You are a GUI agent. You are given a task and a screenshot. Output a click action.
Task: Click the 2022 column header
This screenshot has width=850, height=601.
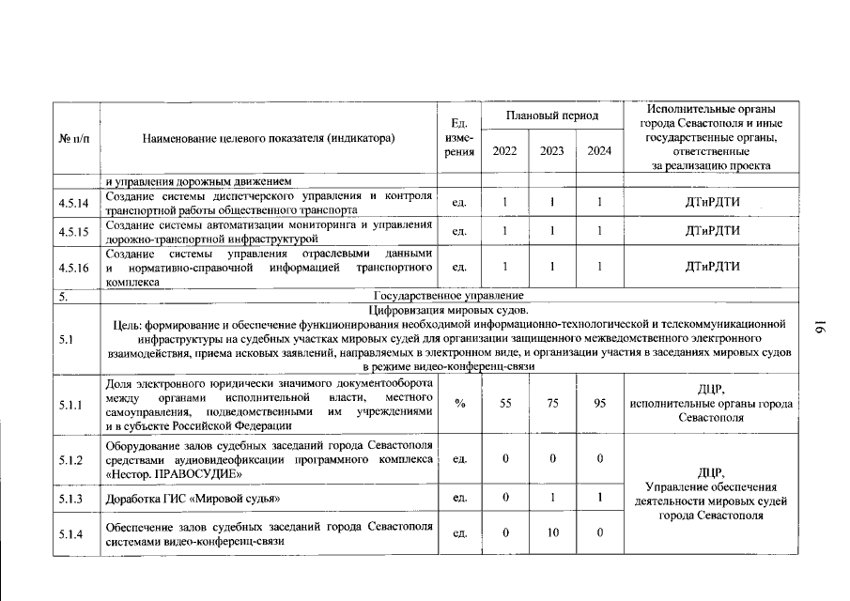coord(504,150)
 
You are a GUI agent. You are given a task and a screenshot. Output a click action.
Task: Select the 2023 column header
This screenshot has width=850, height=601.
coord(552,150)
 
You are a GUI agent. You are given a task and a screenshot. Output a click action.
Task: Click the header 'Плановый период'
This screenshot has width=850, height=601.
coord(552,116)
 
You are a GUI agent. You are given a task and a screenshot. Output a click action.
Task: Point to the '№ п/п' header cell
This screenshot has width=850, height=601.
coord(75,138)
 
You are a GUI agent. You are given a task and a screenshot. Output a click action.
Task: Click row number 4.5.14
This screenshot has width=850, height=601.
coord(73,202)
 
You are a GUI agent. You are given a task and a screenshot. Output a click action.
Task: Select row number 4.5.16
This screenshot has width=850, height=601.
coord(73,268)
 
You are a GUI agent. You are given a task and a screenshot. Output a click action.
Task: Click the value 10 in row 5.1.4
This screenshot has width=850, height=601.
coord(552,533)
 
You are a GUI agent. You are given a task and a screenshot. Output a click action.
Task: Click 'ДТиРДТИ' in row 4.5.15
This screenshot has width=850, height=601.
coord(713,231)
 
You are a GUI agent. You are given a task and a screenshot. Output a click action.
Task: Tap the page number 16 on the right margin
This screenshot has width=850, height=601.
coord(816,327)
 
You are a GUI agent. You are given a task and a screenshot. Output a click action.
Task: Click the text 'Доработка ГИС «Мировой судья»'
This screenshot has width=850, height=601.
coord(192,498)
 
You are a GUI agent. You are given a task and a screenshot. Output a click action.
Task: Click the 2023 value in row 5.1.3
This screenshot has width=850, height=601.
coord(552,498)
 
